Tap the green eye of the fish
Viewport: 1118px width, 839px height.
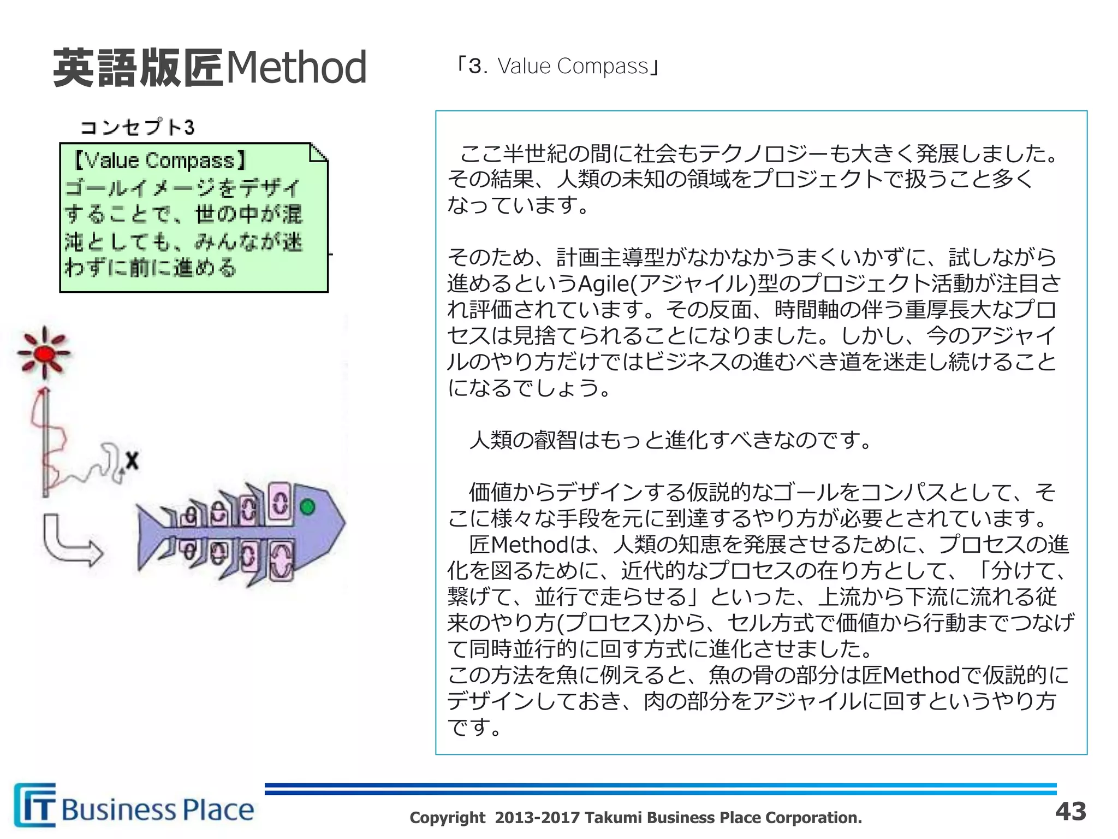click(307, 507)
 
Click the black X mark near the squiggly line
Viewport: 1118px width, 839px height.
click(132, 460)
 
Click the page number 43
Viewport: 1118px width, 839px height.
click(1071, 811)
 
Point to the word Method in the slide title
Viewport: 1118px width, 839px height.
click(296, 68)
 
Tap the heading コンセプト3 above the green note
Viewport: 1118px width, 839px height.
click(138, 127)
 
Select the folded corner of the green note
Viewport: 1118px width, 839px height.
click(318, 152)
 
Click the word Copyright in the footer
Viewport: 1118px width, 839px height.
click(447, 818)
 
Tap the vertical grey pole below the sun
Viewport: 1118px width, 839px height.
click(46, 442)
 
